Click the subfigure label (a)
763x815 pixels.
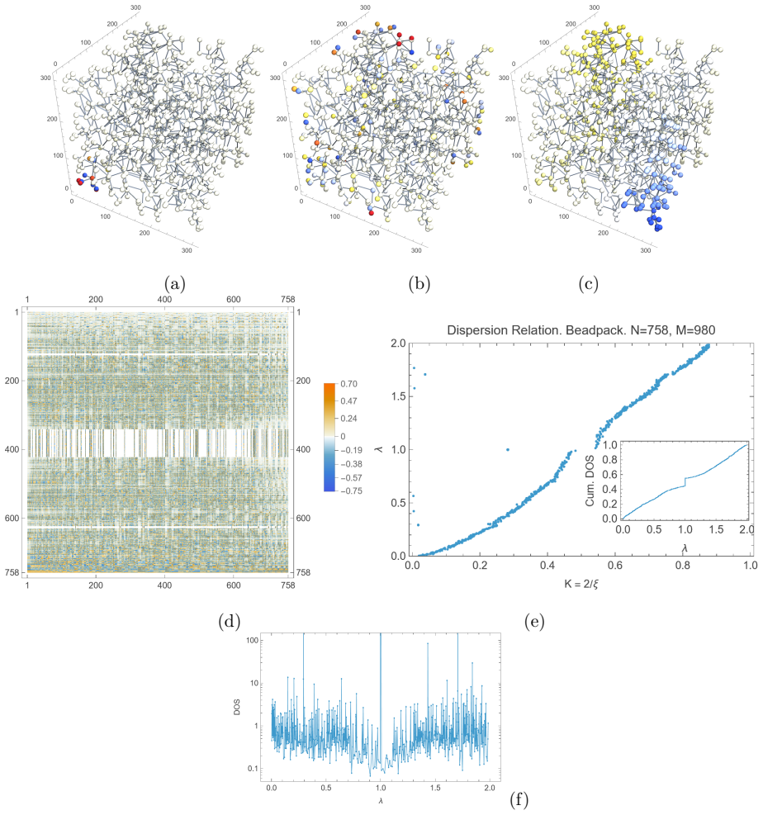(x=174, y=284)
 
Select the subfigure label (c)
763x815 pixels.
(x=589, y=284)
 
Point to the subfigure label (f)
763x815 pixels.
(x=519, y=799)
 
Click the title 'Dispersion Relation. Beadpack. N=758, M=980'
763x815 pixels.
(x=581, y=330)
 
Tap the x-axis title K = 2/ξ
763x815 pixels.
(x=581, y=584)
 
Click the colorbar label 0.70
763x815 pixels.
(x=348, y=384)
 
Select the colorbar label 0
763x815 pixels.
(x=343, y=436)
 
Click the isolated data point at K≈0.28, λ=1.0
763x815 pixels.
(x=508, y=449)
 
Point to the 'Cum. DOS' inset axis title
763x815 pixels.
(x=590, y=481)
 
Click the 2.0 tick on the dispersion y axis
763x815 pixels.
(x=398, y=344)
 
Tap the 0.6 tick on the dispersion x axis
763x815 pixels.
(x=615, y=565)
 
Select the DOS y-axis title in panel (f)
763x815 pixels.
(x=237, y=707)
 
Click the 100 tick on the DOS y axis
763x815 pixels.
(x=252, y=641)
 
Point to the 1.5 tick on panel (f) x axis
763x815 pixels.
(x=435, y=788)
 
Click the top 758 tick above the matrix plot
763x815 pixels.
(x=287, y=300)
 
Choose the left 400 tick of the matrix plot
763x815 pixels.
(x=12, y=449)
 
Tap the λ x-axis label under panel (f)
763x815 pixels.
(x=381, y=801)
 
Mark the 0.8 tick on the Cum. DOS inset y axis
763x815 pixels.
(x=610, y=459)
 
